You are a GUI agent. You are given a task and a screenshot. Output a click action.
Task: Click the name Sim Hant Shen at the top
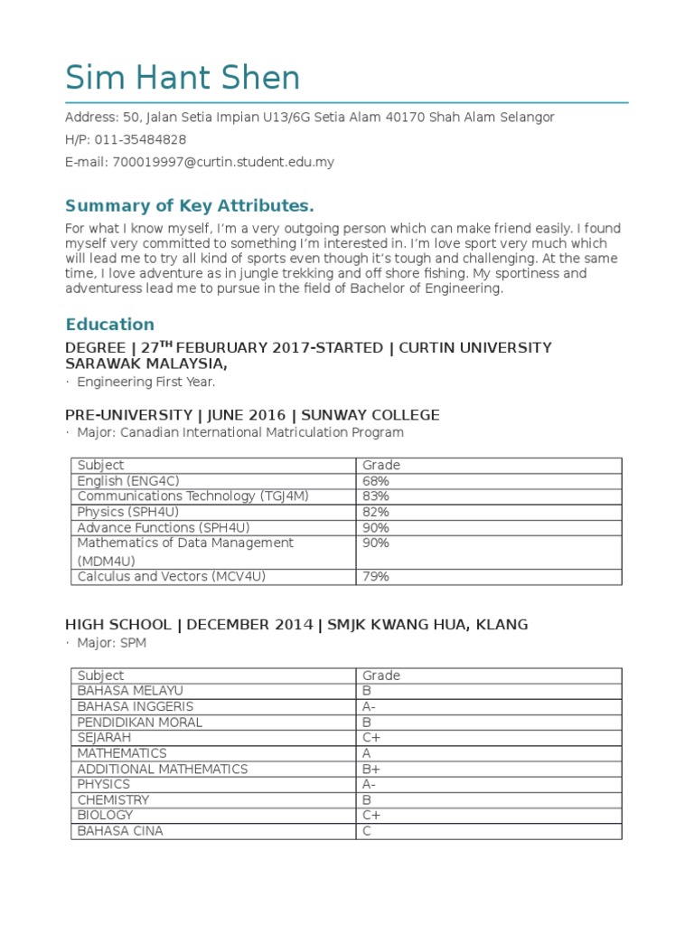click(183, 79)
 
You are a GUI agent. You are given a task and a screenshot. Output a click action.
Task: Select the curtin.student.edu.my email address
click(223, 162)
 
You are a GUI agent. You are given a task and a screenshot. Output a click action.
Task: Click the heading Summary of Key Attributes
click(190, 205)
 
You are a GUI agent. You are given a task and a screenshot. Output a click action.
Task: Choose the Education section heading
click(109, 324)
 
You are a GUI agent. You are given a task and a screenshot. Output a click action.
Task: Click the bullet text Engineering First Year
click(145, 382)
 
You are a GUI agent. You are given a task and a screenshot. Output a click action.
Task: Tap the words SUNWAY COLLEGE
click(370, 415)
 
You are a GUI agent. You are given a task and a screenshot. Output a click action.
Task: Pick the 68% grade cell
click(376, 480)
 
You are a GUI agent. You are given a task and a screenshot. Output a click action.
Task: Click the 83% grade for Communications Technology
click(376, 496)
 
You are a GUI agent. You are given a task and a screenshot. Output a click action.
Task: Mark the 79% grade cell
click(376, 576)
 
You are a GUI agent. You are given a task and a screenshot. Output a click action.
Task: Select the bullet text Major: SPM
click(111, 642)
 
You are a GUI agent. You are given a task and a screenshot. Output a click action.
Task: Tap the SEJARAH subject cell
click(104, 737)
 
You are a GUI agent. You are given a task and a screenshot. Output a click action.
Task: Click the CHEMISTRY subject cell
click(113, 799)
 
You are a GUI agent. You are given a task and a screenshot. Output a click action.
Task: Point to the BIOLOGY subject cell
click(105, 815)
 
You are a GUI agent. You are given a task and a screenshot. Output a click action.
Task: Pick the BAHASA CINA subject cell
click(120, 830)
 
